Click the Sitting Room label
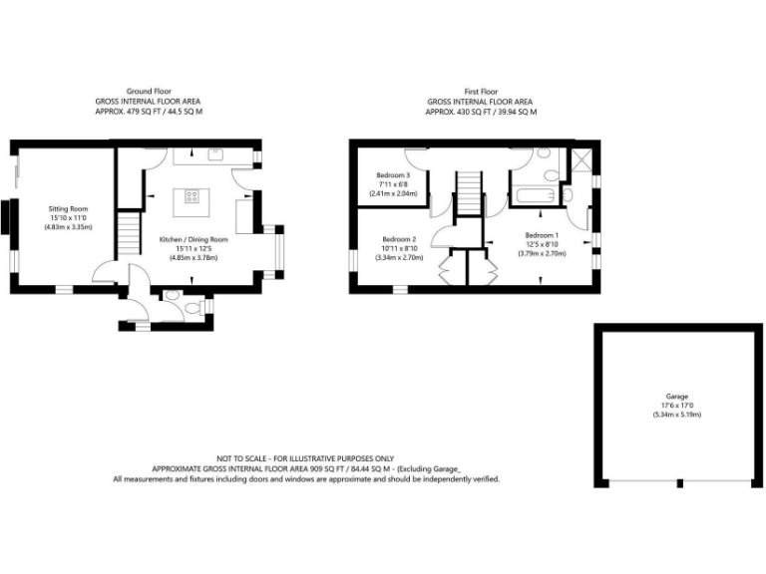(x=70, y=209)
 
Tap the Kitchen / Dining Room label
(x=193, y=240)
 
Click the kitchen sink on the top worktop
(x=214, y=155)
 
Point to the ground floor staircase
(x=129, y=233)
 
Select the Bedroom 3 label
(x=386, y=175)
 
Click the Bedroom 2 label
(x=399, y=239)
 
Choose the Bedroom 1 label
(x=542, y=235)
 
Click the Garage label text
(x=677, y=397)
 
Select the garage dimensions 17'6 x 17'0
(x=677, y=406)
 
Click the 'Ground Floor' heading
(x=148, y=91)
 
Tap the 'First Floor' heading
(x=481, y=91)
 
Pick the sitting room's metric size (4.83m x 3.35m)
(x=69, y=227)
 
